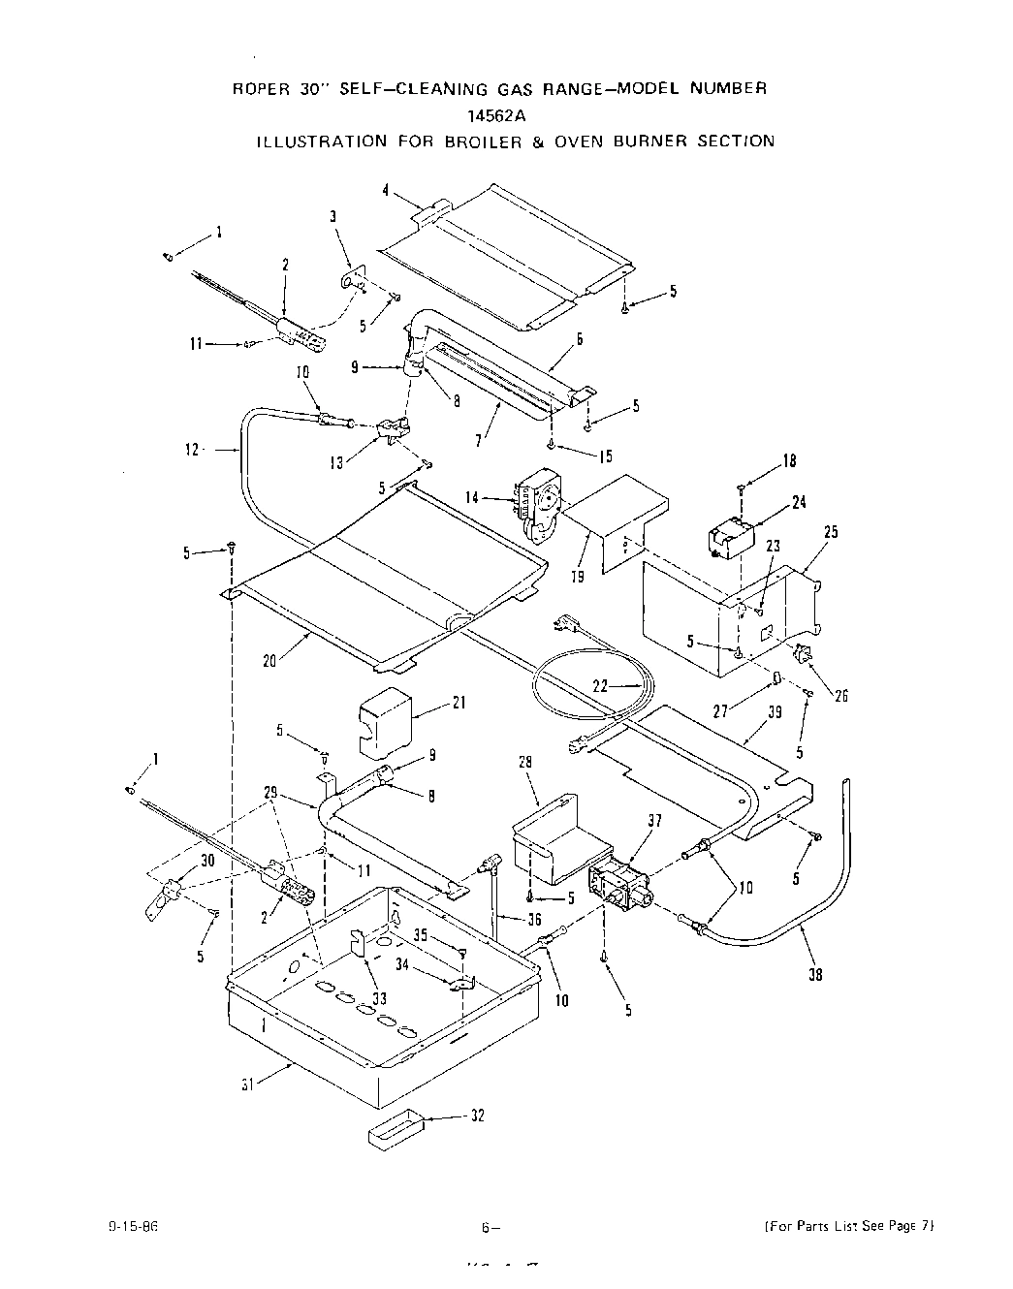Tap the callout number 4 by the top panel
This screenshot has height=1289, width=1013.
point(386,191)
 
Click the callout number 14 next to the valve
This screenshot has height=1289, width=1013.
point(472,498)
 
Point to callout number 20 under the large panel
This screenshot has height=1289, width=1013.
point(269,660)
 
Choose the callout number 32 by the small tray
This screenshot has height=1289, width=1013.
point(477,1116)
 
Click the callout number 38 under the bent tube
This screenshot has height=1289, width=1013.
point(815,974)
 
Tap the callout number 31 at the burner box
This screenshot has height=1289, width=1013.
point(248,1085)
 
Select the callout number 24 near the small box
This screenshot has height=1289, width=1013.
point(799,502)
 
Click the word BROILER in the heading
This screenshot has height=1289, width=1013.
point(482,141)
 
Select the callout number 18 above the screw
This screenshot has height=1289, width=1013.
point(789,461)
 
